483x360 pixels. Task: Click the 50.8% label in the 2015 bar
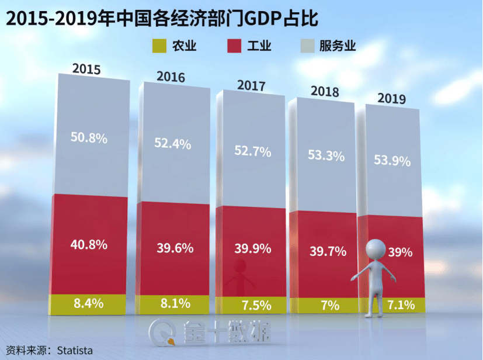coord(89,139)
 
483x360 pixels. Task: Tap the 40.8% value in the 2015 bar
coord(89,244)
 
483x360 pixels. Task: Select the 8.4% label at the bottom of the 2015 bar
coord(89,303)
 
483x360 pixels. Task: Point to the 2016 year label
coord(171,77)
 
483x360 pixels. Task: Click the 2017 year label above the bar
coord(251,85)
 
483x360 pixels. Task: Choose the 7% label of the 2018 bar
coord(325,305)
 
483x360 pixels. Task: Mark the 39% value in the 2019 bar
coord(401,252)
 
